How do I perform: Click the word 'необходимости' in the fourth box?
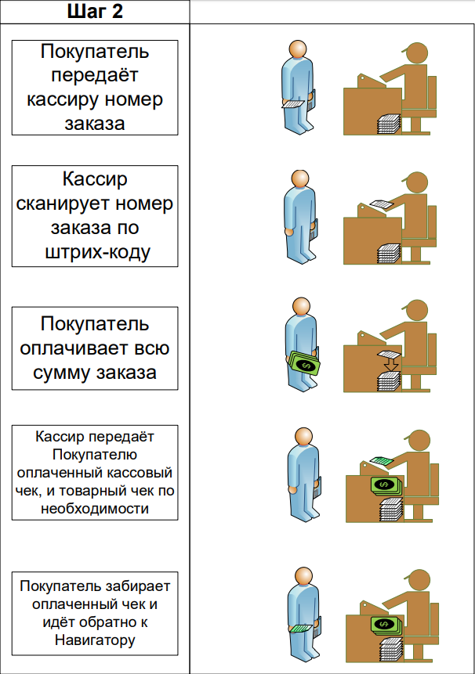click(x=95, y=508)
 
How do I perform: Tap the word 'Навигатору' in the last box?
click(x=95, y=640)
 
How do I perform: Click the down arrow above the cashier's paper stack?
click(x=388, y=363)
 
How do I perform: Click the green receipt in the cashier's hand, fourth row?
click(x=381, y=460)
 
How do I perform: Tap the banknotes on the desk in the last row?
click(x=385, y=624)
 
